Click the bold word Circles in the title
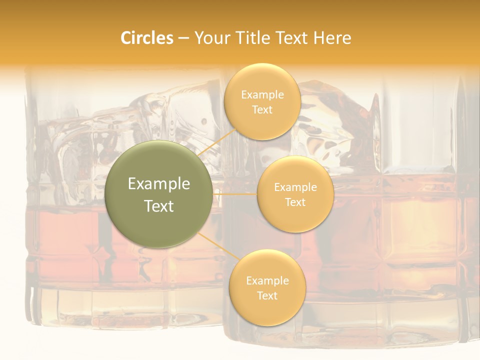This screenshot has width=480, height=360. coord(146,38)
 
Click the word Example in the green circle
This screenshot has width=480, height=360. coord(159,184)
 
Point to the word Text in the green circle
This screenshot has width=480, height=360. coord(159,206)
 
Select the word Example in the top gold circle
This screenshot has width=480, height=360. coord(262,95)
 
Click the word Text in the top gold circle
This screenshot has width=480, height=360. coord(262,109)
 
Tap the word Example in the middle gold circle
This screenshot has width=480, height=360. coord(295,187)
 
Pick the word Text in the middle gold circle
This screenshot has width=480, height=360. coord(295,202)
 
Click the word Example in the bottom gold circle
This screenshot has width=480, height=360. coord(267,281)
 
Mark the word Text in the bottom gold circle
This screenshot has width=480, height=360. coord(267,295)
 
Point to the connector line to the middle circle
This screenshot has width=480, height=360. coord(235,193)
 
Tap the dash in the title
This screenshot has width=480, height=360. coord(183,38)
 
